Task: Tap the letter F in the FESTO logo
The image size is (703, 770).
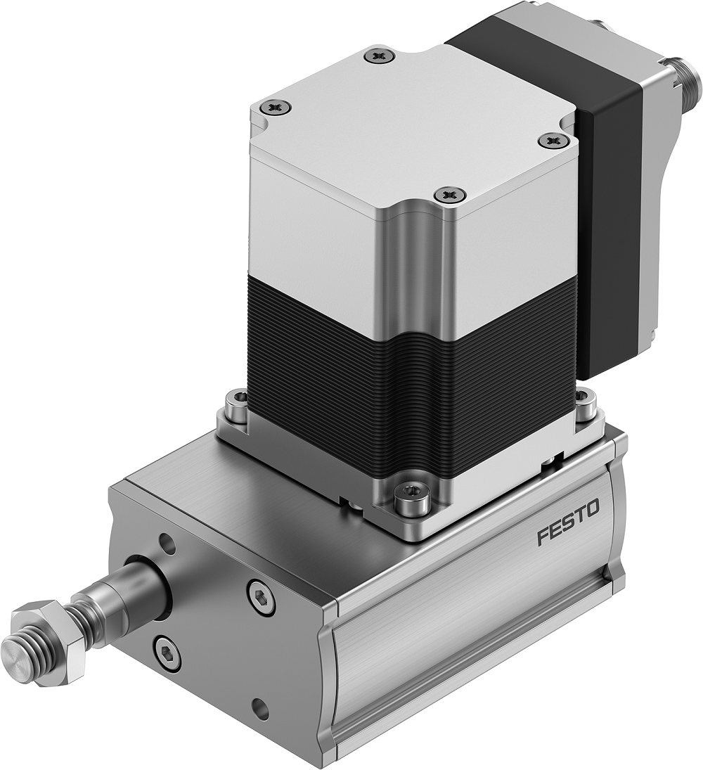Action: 541,537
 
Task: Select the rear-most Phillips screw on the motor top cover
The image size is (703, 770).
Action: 380,56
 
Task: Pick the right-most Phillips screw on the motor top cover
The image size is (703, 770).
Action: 552,141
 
